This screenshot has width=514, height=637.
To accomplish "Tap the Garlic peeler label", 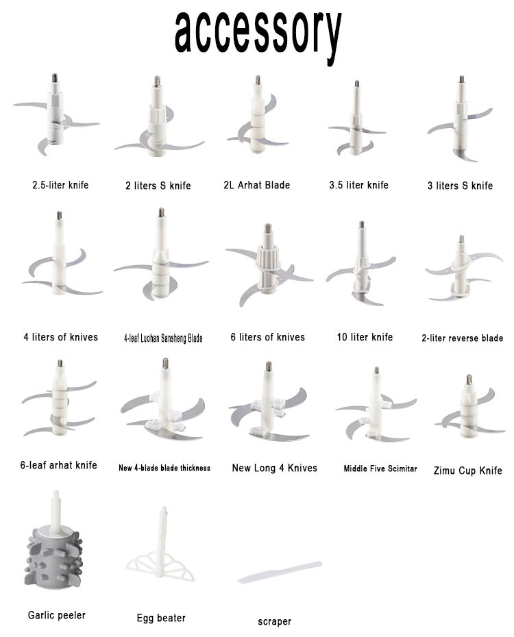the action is (56, 615).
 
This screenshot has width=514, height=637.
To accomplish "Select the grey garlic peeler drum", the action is (54, 558).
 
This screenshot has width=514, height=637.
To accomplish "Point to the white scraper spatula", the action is (280, 573).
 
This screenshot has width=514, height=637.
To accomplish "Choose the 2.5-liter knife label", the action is (60, 185).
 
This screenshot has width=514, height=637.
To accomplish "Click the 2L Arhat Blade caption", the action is (257, 185).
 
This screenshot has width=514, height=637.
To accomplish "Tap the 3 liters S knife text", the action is (460, 186).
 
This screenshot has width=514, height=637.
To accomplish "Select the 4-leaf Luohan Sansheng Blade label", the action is (163, 338).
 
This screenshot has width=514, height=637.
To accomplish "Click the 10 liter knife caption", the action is (365, 337).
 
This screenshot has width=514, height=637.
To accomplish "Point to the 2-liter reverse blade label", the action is (463, 338).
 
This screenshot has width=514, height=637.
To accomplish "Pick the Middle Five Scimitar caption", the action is (380, 469).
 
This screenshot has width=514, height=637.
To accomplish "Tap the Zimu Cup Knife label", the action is (467, 471).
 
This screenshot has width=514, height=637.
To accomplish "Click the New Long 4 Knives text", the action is (275, 468).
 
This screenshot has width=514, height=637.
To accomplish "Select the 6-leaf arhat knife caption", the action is (58, 465).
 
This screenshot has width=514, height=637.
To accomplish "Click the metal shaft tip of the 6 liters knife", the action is (268, 228).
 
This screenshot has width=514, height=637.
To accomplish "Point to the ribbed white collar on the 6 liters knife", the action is (268, 256).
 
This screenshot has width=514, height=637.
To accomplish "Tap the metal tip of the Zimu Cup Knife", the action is (469, 380).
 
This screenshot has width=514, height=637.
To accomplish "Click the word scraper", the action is (275, 621).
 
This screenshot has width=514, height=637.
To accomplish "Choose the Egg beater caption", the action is (161, 618).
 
